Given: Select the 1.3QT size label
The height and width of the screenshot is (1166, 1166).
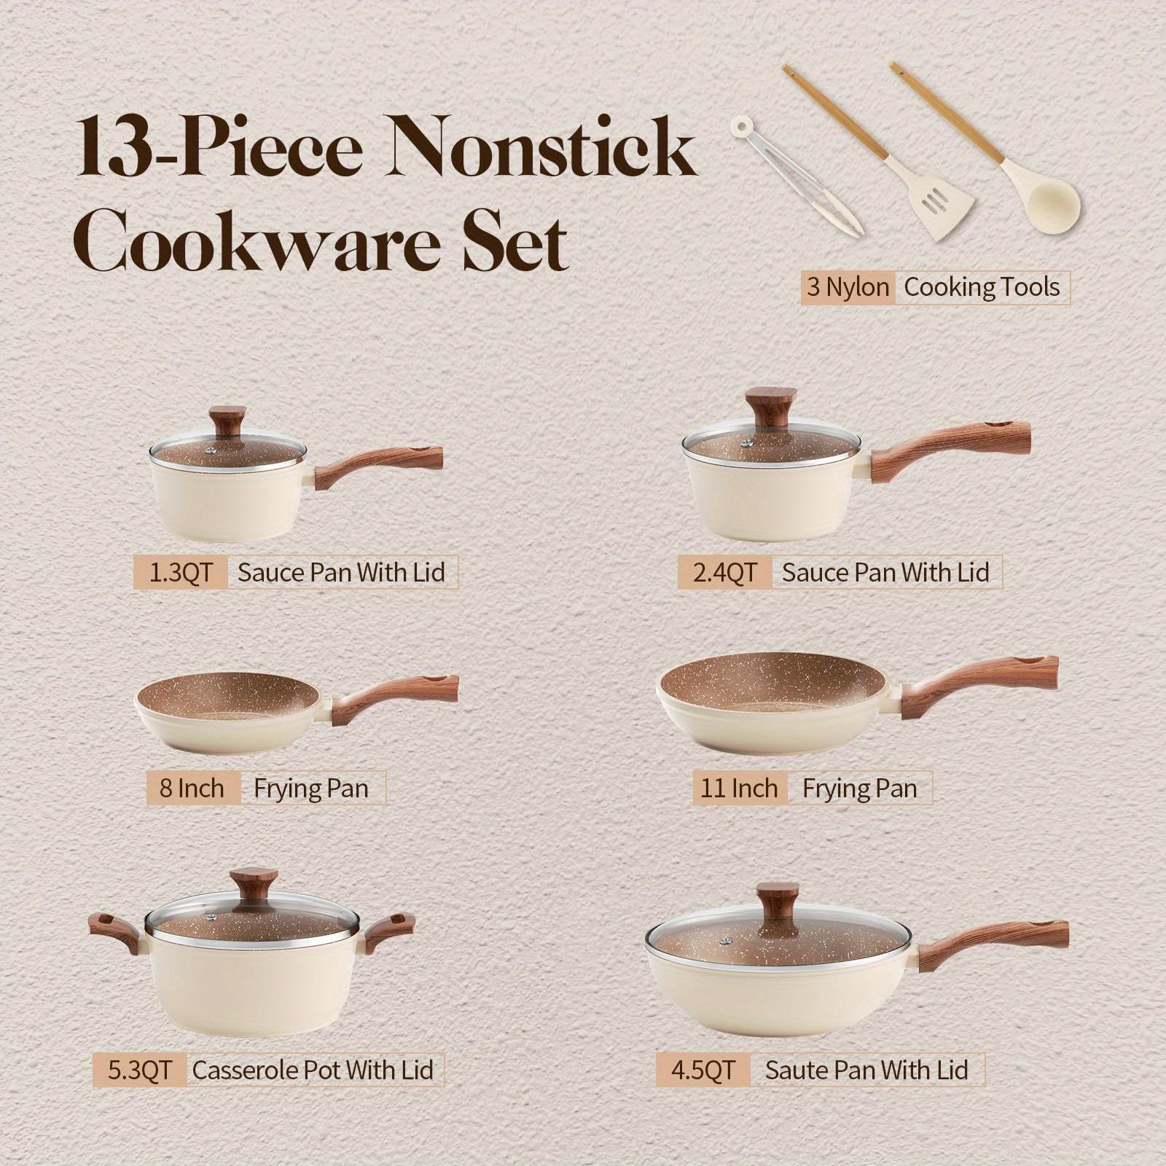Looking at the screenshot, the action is pyautogui.click(x=180, y=572).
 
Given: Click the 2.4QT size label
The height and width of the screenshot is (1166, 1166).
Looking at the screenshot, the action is pyautogui.click(x=724, y=573).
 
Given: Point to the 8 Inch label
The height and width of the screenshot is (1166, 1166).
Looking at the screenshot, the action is pyautogui.click(x=192, y=789).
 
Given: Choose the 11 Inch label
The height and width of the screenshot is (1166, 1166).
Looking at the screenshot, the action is pyautogui.click(x=739, y=789).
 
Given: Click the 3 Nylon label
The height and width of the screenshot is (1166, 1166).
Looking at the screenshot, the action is pyautogui.click(x=848, y=287).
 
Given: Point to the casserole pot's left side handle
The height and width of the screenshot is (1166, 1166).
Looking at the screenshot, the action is pyautogui.click(x=117, y=934).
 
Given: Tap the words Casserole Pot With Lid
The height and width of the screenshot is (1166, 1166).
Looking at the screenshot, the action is pyautogui.click(x=313, y=1071).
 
